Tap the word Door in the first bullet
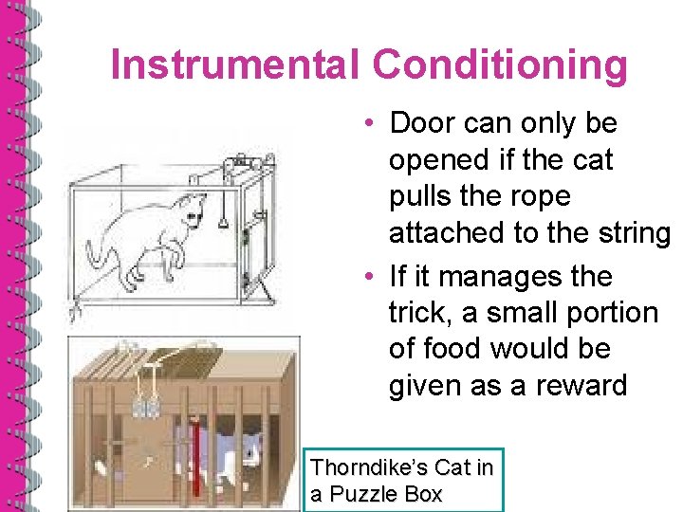pyautogui.click(x=424, y=123)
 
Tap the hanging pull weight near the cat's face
pyautogui.click(x=222, y=222)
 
